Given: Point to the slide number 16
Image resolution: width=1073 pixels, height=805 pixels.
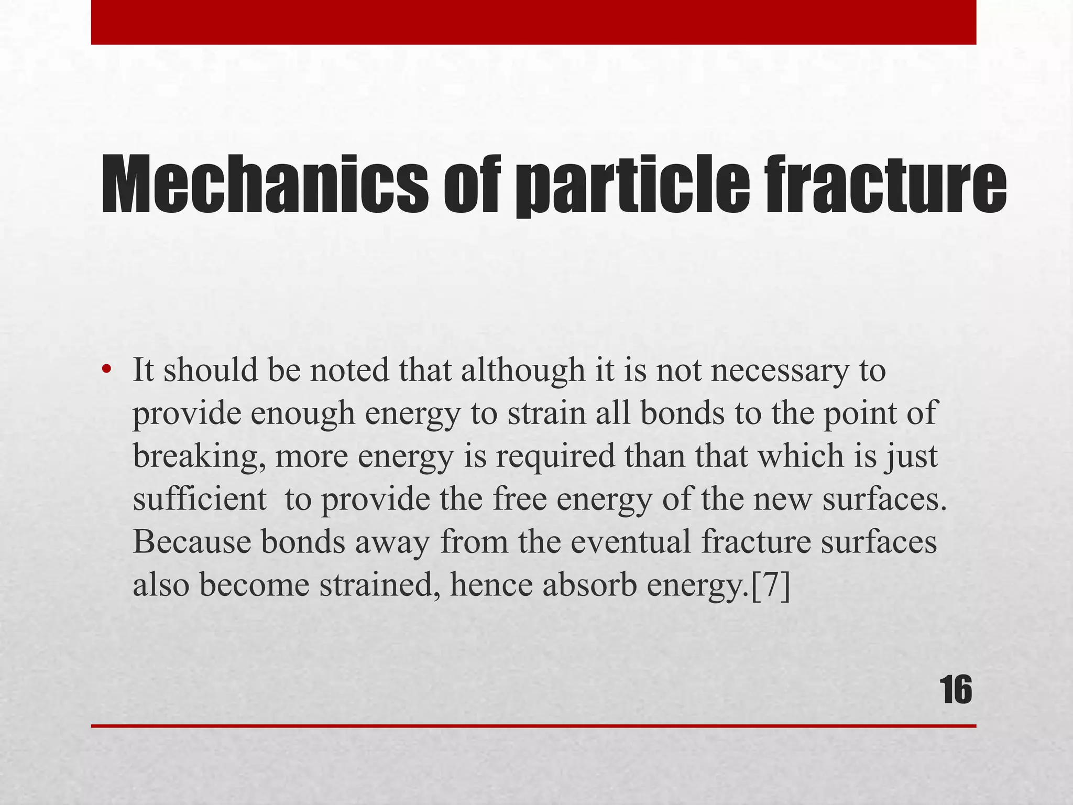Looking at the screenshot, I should tap(956, 690).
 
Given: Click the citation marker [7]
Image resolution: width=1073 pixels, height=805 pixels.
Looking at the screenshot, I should tap(770, 585).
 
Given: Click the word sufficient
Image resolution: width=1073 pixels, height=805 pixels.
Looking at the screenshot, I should tap(199, 499).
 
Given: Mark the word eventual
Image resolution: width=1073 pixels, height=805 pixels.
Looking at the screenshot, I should tap(631, 542).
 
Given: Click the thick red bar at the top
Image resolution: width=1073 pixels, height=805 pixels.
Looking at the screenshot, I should tap(533, 22).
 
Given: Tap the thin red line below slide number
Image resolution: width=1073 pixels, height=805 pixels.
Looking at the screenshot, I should tap(533, 726).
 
